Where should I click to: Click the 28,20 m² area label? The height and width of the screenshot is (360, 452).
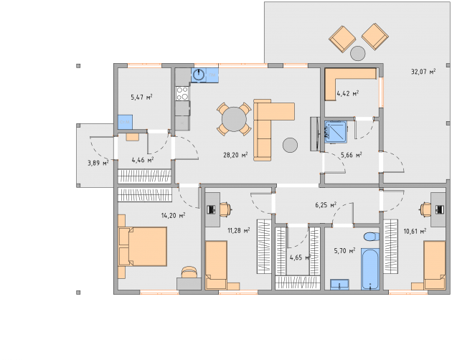[x=235, y=155]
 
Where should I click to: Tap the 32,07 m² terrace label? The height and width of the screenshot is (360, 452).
[x=423, y=71]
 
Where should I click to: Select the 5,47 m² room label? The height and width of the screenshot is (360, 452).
[x=141, y=97]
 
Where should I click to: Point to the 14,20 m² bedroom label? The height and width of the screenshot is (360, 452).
[x=173, y=215]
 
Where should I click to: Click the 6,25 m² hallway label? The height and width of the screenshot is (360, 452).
[x=326, y=204]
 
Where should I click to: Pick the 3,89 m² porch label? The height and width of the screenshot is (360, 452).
[x=98, y=163]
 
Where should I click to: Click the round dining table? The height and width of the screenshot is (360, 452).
[x=234, y=119]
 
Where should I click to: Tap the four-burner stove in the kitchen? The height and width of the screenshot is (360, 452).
[x=182, y=93]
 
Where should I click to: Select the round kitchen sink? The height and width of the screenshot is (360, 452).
[x=199, y=75]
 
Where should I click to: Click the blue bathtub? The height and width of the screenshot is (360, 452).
[x=369, y=269]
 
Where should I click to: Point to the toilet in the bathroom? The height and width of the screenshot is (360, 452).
[x=372, y=237]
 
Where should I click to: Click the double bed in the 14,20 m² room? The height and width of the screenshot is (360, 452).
[x=142, y=247]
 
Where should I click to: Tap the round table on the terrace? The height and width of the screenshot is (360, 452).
[x=358, y=53]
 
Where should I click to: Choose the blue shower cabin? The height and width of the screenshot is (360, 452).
[x=336, y=132]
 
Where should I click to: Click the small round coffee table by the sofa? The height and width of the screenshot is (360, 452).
[x=290, y=145]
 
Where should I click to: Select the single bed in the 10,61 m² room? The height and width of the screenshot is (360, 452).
[x=434, y=265]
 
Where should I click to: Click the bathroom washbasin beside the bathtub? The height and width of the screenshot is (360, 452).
[x=339, y=284]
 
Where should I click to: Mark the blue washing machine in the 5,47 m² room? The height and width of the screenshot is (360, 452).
[x=125, y=122]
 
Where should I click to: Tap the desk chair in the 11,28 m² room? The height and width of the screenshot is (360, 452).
[x=225, y=209]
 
